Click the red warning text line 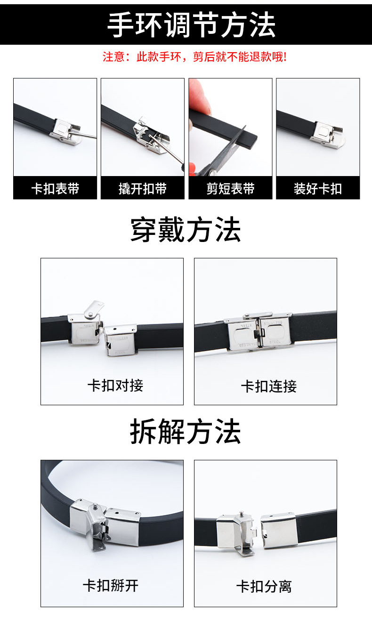click(194, 57)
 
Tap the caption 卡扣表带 click(55, 189)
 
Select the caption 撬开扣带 click(143, 189)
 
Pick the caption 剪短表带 click(230, 189)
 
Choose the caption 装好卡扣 click(318, 189)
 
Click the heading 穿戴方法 click(186, 230)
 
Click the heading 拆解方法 click(186, 432)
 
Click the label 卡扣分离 click(264, 587)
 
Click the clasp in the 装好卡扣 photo click(327, 134)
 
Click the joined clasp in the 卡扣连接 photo click(259, 331)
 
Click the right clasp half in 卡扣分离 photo click(279, 530)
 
